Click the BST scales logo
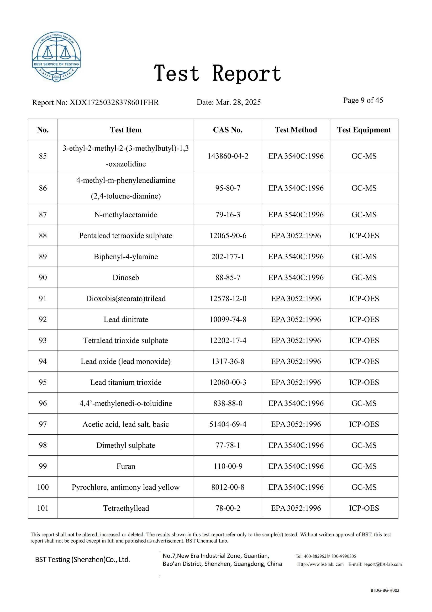56,57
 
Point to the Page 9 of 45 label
363,100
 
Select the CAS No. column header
228,130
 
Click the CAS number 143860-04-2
228,156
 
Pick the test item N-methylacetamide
126,215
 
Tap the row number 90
43,278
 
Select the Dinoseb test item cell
126,278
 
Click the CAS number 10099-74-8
228,319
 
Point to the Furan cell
126,466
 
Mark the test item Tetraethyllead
126,508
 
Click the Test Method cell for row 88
296,236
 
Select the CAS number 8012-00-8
228,487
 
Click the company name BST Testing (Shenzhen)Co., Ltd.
83,559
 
